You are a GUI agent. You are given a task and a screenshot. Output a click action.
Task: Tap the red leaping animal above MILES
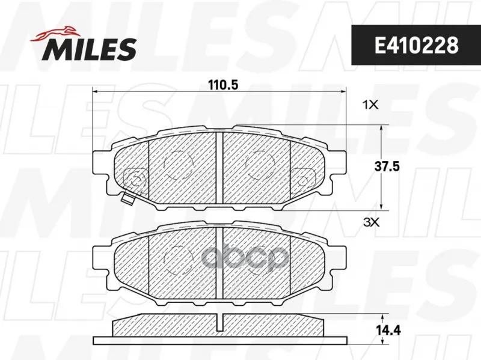point(55,33)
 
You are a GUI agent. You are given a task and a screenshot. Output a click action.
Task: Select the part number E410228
point(416,46)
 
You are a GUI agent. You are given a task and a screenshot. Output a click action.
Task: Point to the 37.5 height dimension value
point(387,167)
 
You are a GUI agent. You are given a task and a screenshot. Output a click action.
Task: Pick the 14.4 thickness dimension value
point(388,331)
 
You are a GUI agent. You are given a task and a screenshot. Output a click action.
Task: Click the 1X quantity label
point(370,105)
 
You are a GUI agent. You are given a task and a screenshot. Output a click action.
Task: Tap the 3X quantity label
point(371,222)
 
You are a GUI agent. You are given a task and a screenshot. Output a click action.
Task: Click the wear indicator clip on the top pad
point(127,199)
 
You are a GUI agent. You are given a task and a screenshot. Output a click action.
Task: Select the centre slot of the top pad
point(219,168)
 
